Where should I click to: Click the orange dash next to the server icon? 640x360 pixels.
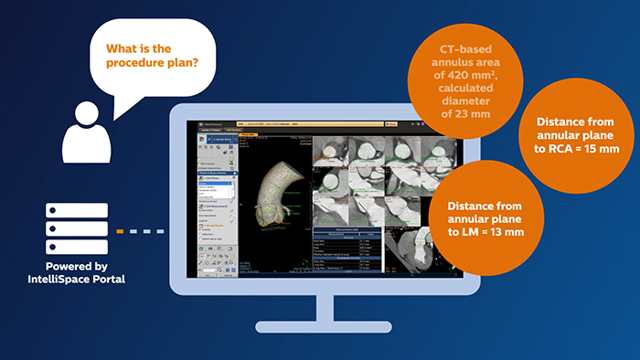pos(119,231)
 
